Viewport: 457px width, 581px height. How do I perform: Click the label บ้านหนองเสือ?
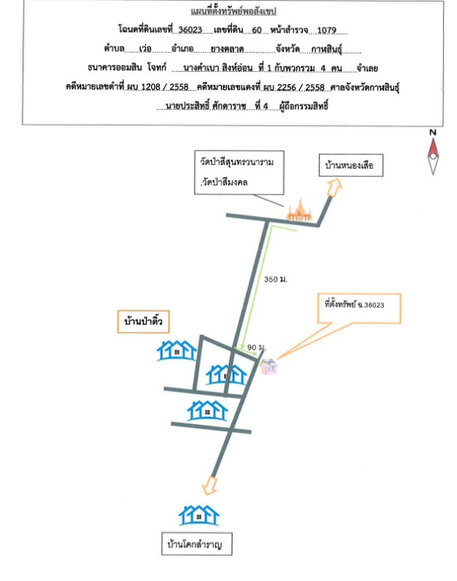pyautogui.click(x=348, y=167)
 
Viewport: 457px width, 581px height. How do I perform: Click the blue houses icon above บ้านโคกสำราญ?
pyautogui.click(x=199, y=515)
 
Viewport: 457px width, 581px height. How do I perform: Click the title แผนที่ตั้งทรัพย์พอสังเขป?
pyautogui.click(x=232, y=13)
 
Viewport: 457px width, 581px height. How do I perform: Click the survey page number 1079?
pyautogui.click(x=328, y=31)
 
